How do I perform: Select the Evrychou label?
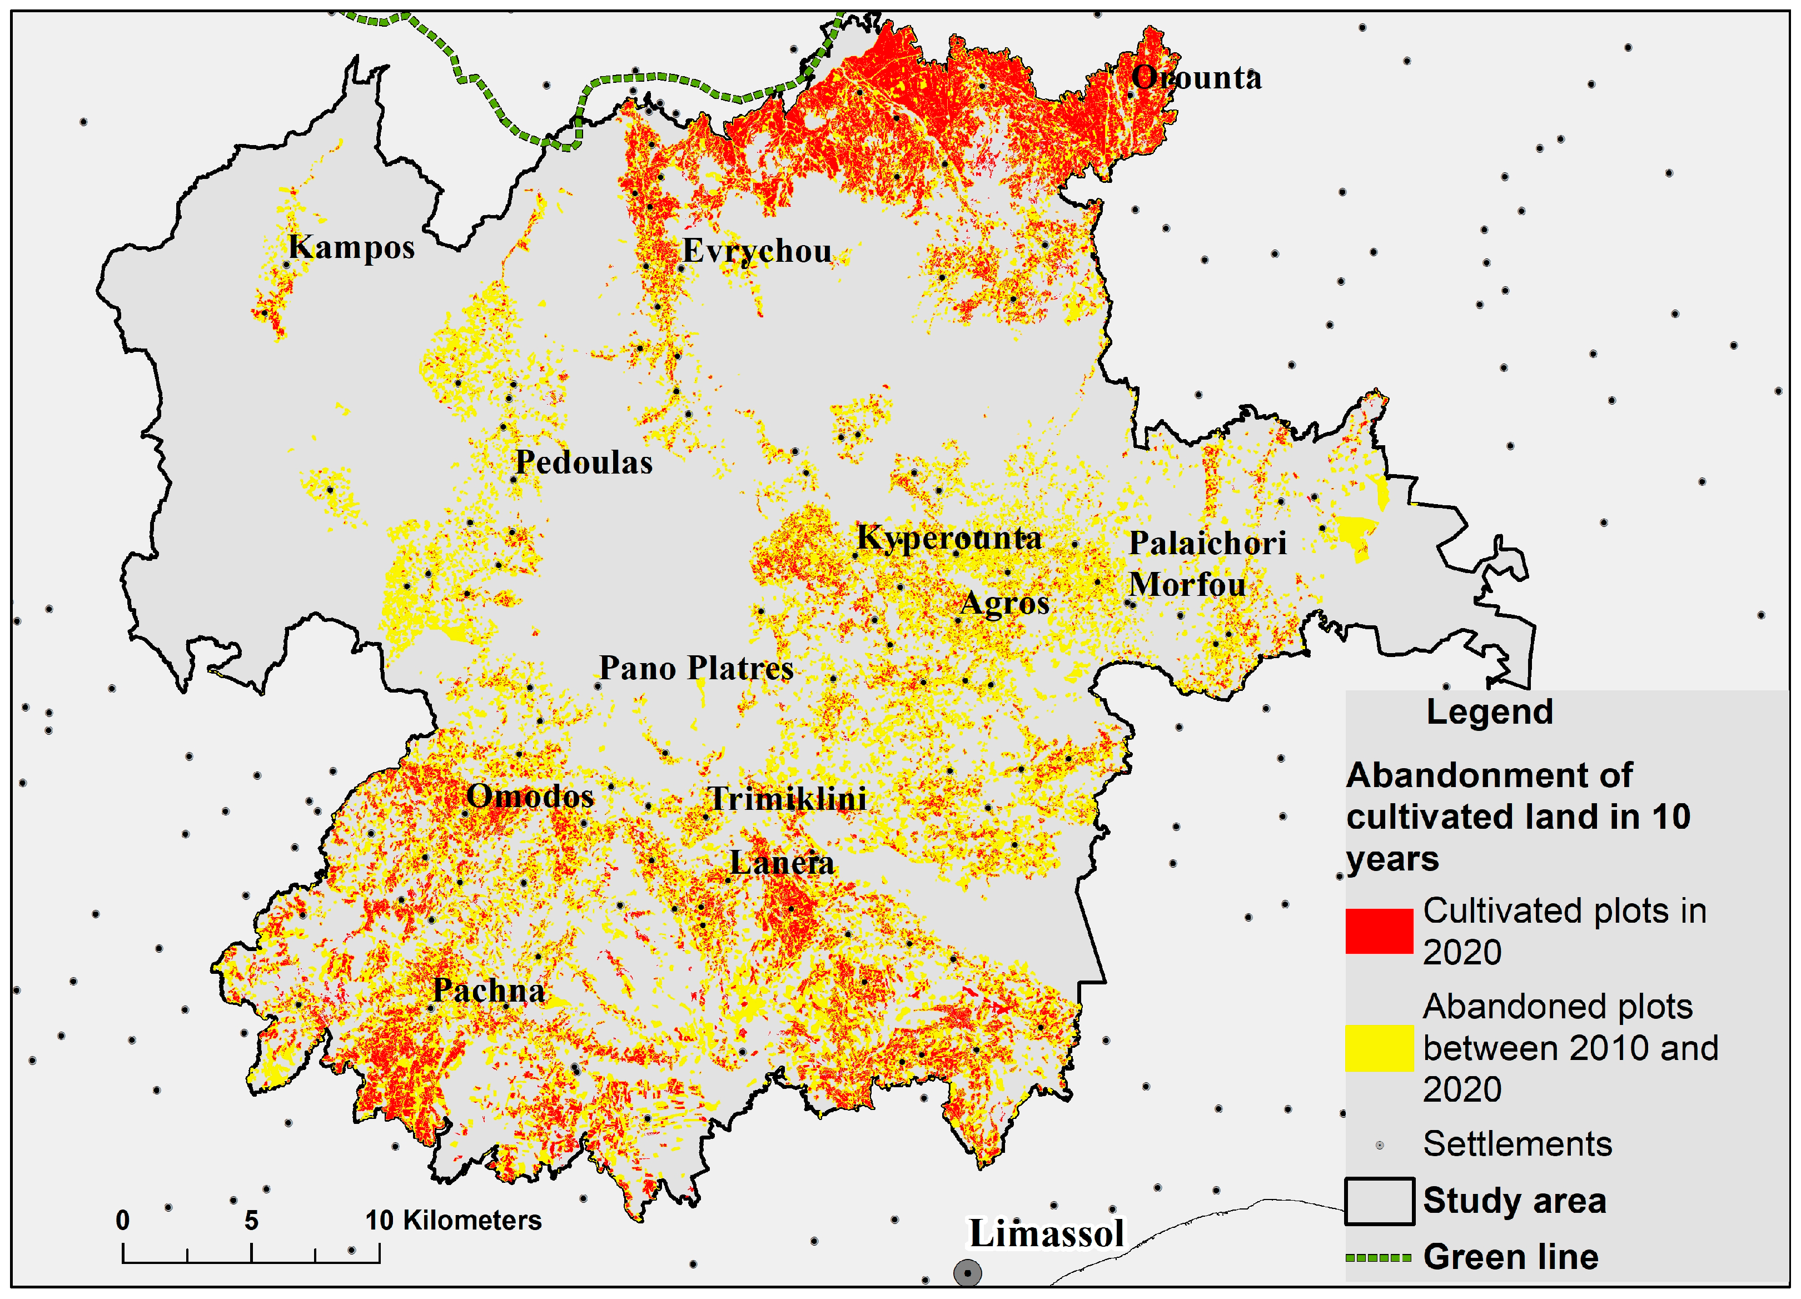click(757, 251)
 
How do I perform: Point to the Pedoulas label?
click(584, 462)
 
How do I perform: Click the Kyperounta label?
click(949, 539)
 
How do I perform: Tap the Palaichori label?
click(1207, 543)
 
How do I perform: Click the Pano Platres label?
click(695, 668)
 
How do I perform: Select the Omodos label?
click(530, 795)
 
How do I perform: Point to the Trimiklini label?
click(787, 799)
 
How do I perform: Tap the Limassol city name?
click(1046, 1233)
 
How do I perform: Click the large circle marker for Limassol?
click(967, 1273)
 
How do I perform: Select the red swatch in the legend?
click(1379, 930)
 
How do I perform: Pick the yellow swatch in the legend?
click(1379, 1048)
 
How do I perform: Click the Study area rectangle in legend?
click(1379, 1201)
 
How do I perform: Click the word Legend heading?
click(1489, 711)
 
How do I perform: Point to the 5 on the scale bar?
click(251, 1221)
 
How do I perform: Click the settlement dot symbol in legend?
click(1379, 1145)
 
